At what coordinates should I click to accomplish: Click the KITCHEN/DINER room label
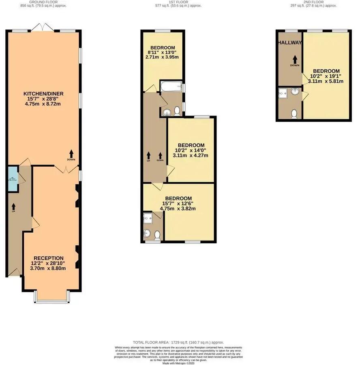coord(43,94)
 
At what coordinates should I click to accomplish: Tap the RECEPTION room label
coord(49,258)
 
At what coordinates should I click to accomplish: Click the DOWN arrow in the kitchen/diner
coord(71,154)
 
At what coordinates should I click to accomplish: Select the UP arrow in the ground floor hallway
coord(13,206)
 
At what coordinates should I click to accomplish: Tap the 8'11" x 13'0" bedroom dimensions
coord(162,52)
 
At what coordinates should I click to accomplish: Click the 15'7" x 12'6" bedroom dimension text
coord(178,204)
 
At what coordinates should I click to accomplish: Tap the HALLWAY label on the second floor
coord(289,43)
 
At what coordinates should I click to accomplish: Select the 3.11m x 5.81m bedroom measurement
coord(326,81)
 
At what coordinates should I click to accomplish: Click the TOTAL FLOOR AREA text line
coord(178,343)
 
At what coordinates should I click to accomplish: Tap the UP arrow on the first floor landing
coord(148,155)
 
